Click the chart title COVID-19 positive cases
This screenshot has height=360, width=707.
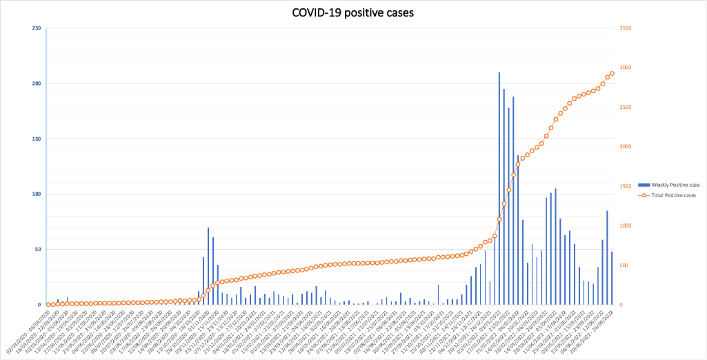point(353,12)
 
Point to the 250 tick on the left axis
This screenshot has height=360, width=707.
point(37,28)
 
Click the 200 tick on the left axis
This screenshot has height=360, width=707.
point(37,83)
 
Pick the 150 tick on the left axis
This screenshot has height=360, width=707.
point(37,139)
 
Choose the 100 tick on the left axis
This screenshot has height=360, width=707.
point(37,194)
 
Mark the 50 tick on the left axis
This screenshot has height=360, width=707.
point(38,249)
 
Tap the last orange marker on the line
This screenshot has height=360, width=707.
point(612,73)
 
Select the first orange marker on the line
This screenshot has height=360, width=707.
point(48,304)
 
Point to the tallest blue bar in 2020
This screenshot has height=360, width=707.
point(208,266)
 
